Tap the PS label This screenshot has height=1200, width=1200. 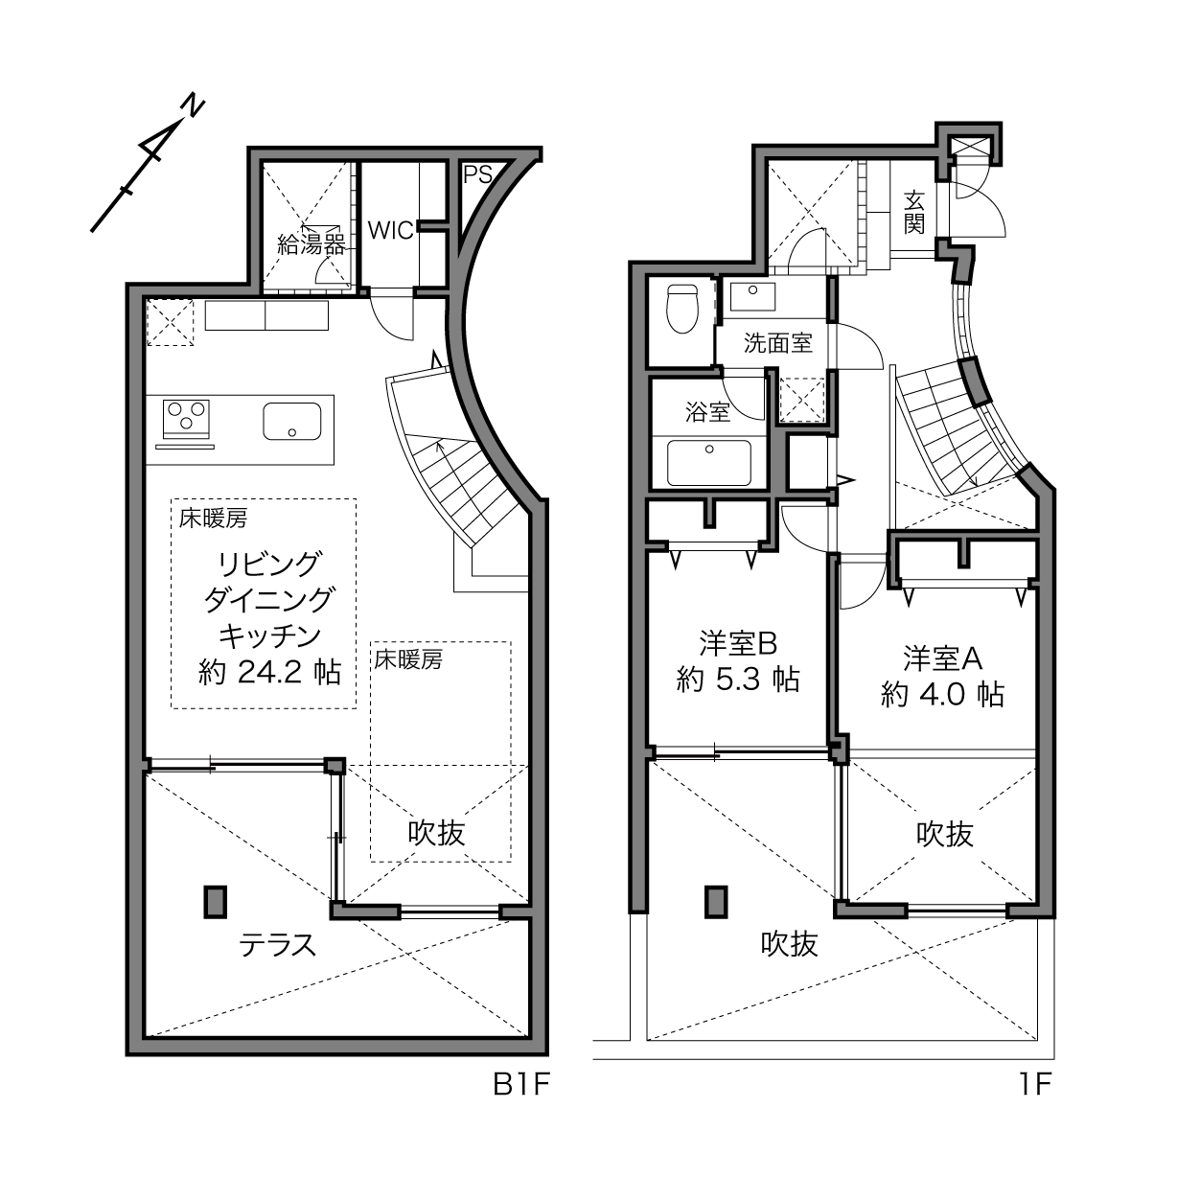[477, 175]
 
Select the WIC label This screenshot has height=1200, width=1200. [390, 230]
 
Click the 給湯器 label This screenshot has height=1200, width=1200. [311, 244]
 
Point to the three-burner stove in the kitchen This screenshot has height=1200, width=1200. [186, 419]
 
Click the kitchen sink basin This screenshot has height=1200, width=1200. [292, 421]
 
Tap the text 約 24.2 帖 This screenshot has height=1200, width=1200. [269, 673]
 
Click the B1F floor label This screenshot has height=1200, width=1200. [521, 1085]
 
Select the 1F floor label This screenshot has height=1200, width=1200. [1035, 1085]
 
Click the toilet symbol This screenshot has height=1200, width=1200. [681, 309]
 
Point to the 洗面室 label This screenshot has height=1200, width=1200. [777, 343]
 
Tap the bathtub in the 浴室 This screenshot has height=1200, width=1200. [708, 463]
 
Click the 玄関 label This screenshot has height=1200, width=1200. [913, 213]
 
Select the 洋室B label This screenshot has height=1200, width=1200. [738, 644]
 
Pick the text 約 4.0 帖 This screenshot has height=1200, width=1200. [942, 694]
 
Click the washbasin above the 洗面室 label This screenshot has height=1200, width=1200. [753, 296]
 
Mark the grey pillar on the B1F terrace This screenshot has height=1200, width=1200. [216, 902]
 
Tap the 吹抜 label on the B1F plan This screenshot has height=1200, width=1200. [436, 833]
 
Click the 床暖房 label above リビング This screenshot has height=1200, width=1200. [213, 519]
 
